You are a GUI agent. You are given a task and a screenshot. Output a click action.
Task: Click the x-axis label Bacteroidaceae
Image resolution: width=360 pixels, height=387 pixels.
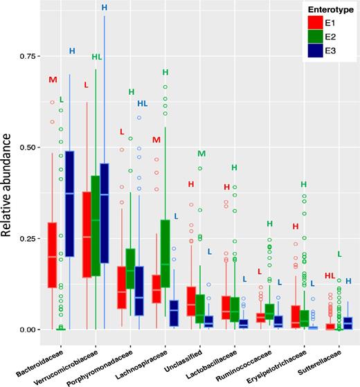point(56,350)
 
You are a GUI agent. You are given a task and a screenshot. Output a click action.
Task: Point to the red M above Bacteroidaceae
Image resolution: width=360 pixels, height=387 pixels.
point(52,80)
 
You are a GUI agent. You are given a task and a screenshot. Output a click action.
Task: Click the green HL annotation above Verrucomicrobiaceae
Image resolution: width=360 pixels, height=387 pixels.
point(97,57)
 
